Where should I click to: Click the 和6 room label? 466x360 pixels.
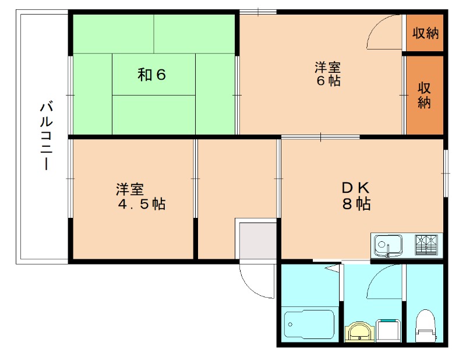[153, 75]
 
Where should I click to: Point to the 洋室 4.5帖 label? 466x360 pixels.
[140, 196]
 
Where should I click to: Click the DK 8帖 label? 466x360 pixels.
[356, 196]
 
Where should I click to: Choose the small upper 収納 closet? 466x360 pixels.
[425, 33]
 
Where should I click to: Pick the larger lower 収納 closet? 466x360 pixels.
[424, 95]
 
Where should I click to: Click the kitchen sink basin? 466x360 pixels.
[387, 244]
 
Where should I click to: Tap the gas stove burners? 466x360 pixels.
[428, 243]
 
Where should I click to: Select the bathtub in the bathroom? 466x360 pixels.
[309, 326]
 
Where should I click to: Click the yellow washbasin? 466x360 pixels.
[359, 331]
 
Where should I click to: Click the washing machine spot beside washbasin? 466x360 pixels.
[387, 330]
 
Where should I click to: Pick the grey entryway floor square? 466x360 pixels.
[256, 239]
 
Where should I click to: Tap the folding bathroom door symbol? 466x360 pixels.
[333, 270]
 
